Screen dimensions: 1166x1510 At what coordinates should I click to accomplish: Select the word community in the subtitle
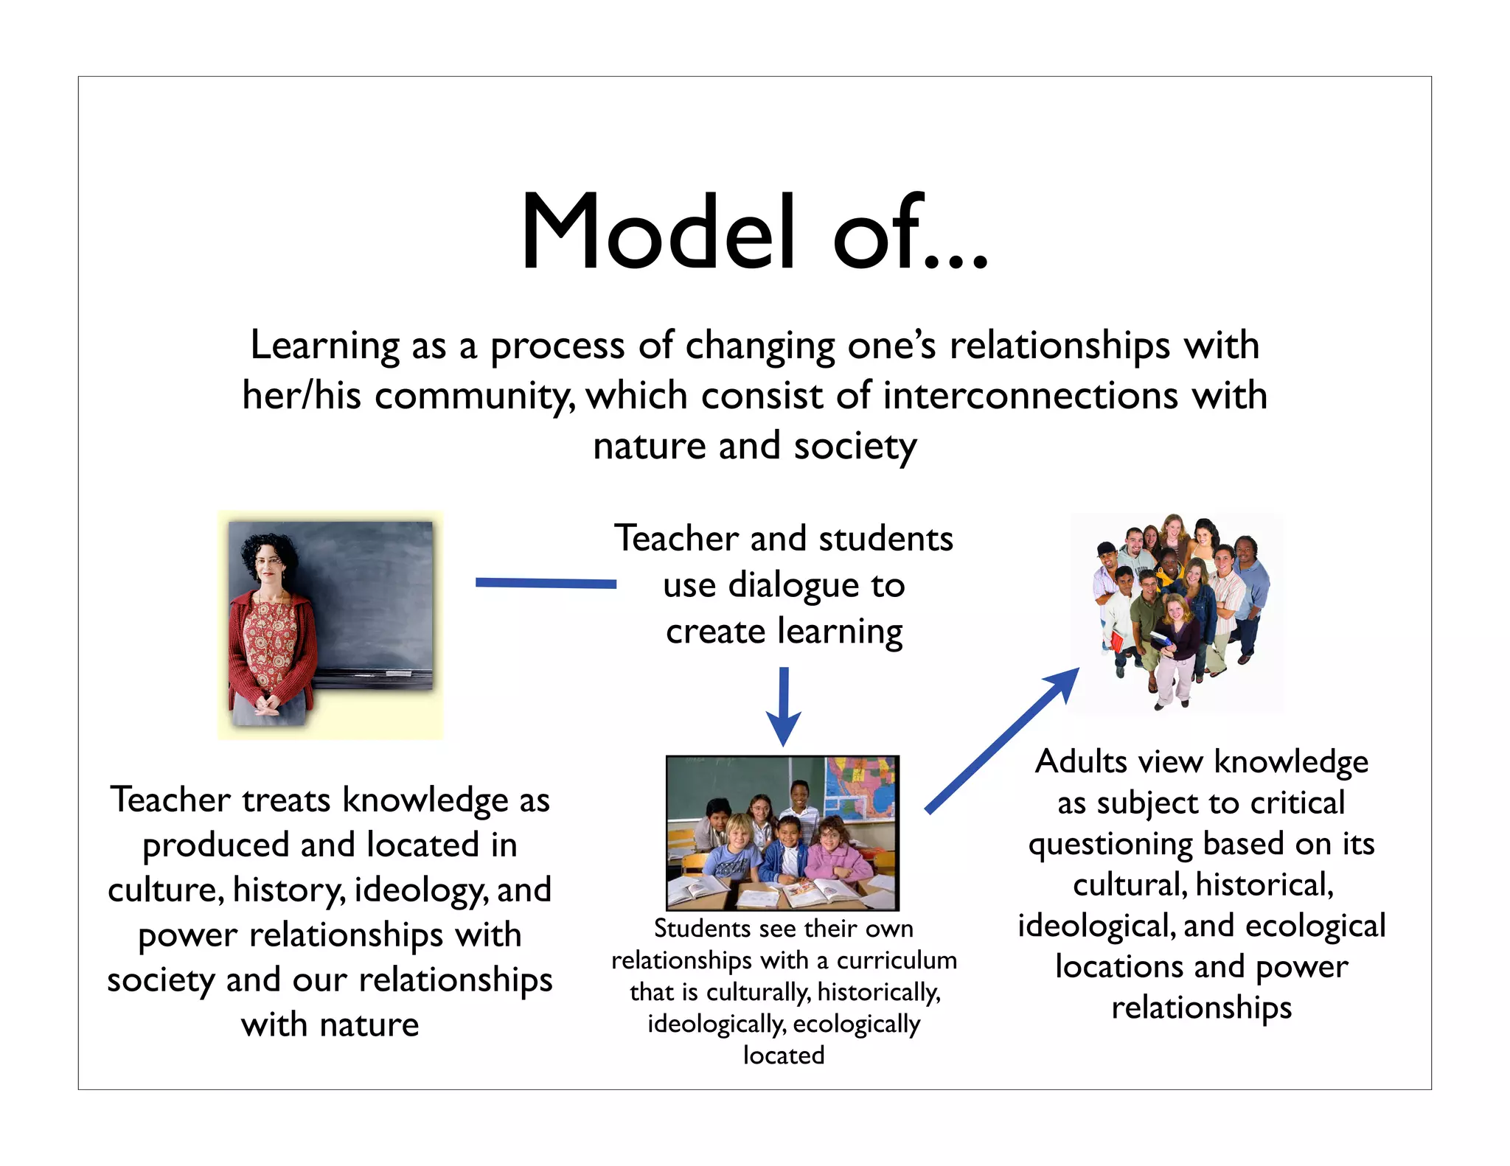[x=475, y=397]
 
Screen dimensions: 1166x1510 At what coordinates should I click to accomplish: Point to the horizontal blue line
[x=546, y=583]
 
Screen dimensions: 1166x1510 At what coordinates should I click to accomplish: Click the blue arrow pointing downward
[x=784, y=708]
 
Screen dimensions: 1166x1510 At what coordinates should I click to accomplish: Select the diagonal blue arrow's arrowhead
[x=1062, y=684]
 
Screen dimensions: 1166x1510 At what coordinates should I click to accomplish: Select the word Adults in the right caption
[x=1082, y=762]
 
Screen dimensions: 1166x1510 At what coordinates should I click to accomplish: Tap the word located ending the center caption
[x=784, y=1055]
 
